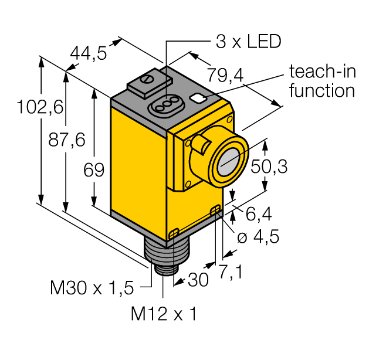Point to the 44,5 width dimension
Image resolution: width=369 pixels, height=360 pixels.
88,54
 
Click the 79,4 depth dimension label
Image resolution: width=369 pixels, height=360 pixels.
225,74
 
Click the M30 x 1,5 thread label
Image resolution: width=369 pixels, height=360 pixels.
92,288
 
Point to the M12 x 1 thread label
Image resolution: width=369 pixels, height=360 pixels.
163,314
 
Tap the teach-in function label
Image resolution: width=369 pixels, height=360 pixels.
321,81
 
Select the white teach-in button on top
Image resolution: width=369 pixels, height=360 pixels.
198,98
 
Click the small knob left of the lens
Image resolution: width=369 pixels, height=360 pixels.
199,145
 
